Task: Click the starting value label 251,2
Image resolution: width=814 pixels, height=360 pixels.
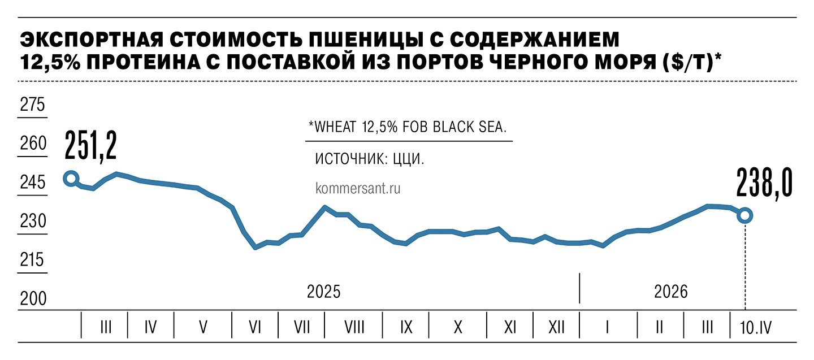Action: pos(90,146)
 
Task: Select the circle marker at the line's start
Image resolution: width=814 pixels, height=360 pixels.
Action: pos(71,179)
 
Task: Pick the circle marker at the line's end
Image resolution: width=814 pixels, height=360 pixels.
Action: pos(745,215)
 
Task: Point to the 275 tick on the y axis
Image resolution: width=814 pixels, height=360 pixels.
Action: pos(32,106)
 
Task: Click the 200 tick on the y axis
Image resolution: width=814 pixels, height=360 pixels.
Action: pos(32,300)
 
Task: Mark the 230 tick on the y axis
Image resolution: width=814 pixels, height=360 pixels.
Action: pos(32,222)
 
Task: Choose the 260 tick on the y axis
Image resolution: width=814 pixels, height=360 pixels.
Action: pos(32,145)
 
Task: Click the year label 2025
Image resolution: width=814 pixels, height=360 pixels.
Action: pos(324,292)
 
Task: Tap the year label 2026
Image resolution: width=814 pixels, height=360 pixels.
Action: pos(671,292)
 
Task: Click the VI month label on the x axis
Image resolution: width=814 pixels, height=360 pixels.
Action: pos(254,327)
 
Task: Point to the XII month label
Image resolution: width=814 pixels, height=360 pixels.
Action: pos(556,327)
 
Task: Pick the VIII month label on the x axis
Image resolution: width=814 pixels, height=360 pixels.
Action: pos(353,327)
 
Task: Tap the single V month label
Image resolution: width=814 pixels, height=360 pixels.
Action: pos(203,327)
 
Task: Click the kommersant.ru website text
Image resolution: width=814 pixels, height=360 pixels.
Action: pos(357,189)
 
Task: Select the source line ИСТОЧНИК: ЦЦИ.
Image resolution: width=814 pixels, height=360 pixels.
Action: pos(369,159)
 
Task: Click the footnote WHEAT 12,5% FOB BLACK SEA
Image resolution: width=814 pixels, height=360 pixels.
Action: pos(406,127)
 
